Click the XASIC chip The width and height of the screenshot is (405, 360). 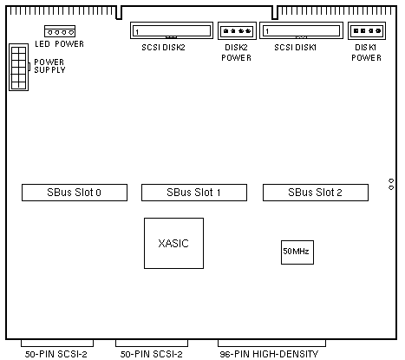point(173,243)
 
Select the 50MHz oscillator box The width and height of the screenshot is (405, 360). point(297,252)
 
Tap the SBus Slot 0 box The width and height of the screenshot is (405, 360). point(75,193)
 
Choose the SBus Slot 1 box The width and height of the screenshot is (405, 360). point(194,193)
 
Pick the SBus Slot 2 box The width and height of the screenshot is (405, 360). point(316,193)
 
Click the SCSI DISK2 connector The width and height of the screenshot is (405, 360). point(172,30)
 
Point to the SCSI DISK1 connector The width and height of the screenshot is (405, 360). point(301,30)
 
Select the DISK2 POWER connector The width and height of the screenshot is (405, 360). point(237,30)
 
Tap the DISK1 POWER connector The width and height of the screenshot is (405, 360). point(367,30)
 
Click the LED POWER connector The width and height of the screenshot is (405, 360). point(60,31)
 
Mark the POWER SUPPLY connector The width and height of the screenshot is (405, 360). point(19,67)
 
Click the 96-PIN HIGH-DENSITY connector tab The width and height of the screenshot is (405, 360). point(271,343)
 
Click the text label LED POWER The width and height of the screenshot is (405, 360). point(60,44)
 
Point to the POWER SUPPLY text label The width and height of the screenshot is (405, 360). point(49,66)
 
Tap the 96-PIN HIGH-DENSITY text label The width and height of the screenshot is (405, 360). point(269,354)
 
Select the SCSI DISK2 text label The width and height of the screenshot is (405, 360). point(163,48)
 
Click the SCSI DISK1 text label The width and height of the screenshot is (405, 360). point(296,48)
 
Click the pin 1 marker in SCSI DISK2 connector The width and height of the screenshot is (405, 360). point(137,32)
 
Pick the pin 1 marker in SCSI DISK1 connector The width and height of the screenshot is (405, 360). point(267,31)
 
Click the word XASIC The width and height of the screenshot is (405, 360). point(173,244)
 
